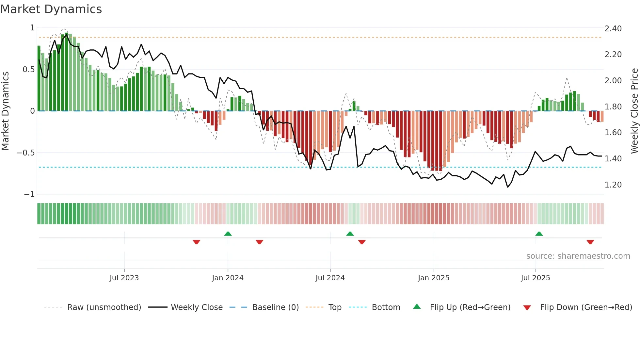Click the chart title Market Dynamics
pyautogui.click(x=51, y=9)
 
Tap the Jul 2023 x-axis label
pyautogui.click(x=124, y=278)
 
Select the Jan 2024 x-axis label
pyautogui.click(x=228, y=278)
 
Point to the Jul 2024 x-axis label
pyautogui.click(x=330, y=278)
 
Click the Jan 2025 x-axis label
pyautogui.click(x=434, y=278)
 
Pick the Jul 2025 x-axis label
pyautogui.click(x=536, y=278)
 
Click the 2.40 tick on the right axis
pyautogui.click(x=613, y=29)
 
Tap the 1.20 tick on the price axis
pyautogui.click(x=613, y=185)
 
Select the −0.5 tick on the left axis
pyautogui.click(x=26, y=153)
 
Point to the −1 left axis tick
pyautogui.click(x=29, y=194)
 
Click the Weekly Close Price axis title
pyautogui.click(x=634, y=111)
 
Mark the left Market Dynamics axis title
pyautogui.click(x=5, y=111)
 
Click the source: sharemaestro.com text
pyautogui.click(x=578, y=256)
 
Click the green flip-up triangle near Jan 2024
pyautogui.click(x=228, y=234)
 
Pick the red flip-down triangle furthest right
pyautogui.click(x=590, y=242)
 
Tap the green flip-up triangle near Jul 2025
pyautogui.click(x=539, y=234)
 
